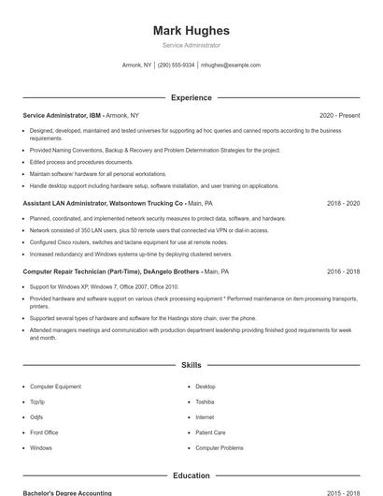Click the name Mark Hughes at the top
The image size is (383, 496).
191,30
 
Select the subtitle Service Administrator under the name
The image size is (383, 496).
191,45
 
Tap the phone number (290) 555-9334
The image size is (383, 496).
177,66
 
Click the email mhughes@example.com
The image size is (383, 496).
231,66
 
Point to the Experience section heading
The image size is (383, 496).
191,97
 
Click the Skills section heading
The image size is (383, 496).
191,365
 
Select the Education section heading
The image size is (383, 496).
191,475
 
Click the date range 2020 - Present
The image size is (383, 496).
339,115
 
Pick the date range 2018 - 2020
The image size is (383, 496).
343,202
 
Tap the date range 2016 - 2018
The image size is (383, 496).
343,271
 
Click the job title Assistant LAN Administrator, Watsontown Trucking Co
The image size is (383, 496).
103,202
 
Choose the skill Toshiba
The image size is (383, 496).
206,401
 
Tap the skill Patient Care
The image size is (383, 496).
210,432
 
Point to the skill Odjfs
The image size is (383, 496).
36,417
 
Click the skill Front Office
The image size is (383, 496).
44,432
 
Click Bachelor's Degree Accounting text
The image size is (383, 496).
67,492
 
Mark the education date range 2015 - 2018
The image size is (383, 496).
343,492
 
